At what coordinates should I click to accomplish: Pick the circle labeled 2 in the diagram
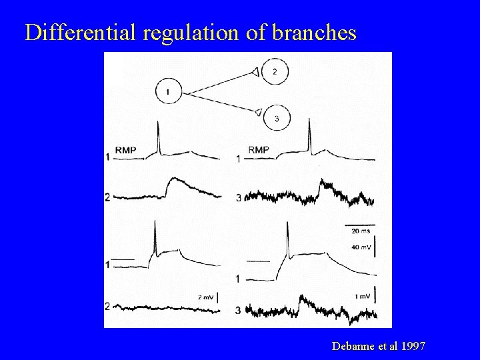coord(275,71)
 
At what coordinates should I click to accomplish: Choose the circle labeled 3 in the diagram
coord(275,118)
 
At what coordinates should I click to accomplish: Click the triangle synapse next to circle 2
coord(256,71)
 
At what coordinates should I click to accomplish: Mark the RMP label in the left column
coord(125,150)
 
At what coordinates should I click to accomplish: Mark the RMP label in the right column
coord(259,150)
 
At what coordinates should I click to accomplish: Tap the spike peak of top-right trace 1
coord(309,120)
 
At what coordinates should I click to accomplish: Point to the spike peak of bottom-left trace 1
coord(155,227)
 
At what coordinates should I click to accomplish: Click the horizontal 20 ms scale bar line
coord(360,224)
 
